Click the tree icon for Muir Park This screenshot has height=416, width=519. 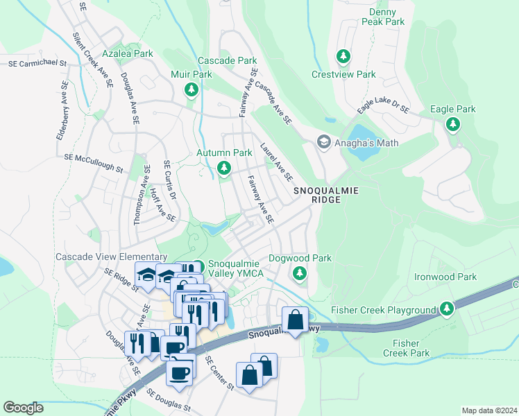click(192, 89)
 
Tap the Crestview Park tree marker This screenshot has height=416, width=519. click(342, 55)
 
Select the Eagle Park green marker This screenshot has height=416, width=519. click(453, 124)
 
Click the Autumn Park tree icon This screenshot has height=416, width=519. click(223, 168)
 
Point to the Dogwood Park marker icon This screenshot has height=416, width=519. click(300, 273)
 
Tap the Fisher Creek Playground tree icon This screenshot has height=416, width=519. click(448, 308)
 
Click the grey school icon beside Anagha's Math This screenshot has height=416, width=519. click(323, 142)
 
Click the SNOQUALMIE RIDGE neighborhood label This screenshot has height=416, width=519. click(317, 194)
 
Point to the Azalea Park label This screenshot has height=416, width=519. click(127, 53)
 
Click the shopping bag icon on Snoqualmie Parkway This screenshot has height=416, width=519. click(295, 321)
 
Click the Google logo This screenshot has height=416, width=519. click(23, 407)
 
